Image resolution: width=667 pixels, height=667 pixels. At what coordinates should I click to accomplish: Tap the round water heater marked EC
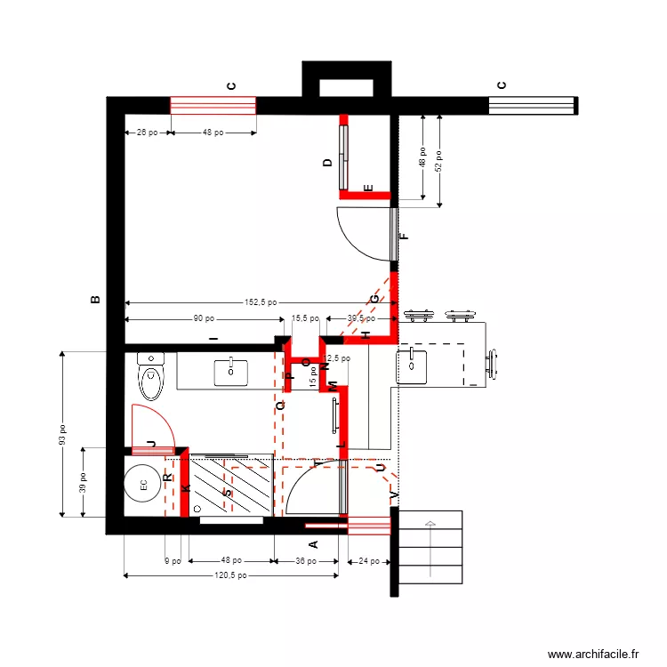[x=142, y=486]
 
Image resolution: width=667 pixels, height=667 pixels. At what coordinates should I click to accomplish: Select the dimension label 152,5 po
[x=261, y=302]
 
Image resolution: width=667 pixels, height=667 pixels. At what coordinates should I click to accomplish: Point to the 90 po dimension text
[x=204, y=318]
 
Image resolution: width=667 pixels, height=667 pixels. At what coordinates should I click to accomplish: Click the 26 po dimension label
[x=147, y=133]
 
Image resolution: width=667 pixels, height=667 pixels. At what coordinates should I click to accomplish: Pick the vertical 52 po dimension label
[x=438, y=160]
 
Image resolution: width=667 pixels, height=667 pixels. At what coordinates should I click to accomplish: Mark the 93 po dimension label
[x=63, y=434]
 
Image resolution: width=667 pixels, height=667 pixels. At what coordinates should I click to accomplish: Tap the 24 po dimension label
[x=368, y=561]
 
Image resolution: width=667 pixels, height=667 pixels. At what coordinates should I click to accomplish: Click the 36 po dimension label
[x=305, y=561]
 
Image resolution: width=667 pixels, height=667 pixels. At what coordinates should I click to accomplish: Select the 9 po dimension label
[x=173, y=561]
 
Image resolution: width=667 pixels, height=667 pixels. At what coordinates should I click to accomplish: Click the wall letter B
[x=96, y=300]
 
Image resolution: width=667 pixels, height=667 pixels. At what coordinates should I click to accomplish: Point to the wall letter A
[x=312, y=544]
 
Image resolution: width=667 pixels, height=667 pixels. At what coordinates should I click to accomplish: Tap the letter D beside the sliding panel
[x=327, y=163]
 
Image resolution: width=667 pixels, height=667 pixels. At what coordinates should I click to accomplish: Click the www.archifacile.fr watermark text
[x=593, y=654]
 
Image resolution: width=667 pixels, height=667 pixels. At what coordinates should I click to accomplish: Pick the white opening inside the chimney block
[x=347, y=87]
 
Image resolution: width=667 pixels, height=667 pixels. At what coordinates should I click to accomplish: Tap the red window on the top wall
[x=213, y=106]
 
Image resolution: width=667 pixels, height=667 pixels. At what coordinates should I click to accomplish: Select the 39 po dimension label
[x=82, y=483]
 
